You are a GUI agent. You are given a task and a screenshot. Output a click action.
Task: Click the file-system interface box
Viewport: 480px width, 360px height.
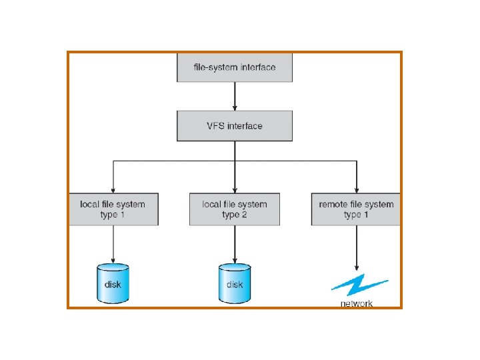235,68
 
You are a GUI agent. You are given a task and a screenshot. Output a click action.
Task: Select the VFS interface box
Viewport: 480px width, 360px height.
235,125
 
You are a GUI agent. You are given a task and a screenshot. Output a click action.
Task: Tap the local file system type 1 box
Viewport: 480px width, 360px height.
113,209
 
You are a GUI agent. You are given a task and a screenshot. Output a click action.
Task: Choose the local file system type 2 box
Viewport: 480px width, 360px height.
235,209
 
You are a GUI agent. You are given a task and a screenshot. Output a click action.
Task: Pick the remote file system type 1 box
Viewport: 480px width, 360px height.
356,209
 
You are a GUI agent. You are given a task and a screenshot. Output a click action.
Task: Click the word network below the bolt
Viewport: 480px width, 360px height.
357,303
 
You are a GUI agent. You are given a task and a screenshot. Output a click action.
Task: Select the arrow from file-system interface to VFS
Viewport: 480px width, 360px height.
235,96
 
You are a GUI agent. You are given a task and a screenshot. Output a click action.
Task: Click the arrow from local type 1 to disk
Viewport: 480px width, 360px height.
113,243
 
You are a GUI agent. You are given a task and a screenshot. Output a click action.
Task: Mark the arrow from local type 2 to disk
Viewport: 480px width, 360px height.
235,243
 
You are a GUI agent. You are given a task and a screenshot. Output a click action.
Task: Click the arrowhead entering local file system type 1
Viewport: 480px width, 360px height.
113,189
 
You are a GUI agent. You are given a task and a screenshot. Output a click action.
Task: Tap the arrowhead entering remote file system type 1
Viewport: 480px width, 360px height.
356,189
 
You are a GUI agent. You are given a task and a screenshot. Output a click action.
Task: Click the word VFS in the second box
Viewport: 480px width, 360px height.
216,126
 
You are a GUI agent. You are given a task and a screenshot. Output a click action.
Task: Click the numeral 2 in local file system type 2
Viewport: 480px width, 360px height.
245,215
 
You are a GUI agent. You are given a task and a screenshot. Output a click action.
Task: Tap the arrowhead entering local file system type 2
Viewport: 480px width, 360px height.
235,189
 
